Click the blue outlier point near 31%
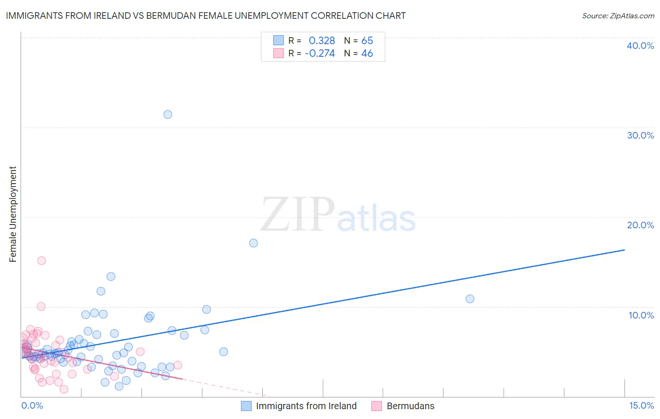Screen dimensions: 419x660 168,114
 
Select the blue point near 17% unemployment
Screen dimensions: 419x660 253,243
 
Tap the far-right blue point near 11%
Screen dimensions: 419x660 470,299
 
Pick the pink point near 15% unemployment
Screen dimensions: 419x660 42,261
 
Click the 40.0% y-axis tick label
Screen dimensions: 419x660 640,46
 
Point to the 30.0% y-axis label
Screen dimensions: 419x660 640,135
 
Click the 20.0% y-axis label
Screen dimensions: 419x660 640,225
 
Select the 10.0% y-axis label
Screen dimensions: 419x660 641,315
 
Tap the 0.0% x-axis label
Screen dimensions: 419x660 32,406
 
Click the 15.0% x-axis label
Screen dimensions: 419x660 641,406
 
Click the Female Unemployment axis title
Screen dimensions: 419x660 13,214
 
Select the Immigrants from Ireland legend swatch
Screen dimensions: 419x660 246,406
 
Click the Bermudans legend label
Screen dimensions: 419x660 410,406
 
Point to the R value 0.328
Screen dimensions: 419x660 322,40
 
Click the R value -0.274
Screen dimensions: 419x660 320,54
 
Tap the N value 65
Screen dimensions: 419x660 367,40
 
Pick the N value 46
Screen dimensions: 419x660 367,54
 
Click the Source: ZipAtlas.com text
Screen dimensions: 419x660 618,16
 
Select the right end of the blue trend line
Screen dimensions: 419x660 624,250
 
